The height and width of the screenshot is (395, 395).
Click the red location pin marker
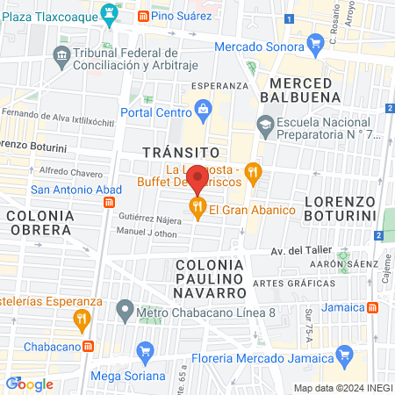pyautogui.click(x=197, y=179)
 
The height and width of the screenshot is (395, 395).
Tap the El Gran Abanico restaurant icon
pyautogui.click(x=197, y=209)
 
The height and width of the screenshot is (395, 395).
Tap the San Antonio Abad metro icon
pyautogui.click(x=108, y=201)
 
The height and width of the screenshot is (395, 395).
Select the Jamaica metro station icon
pyautogui.click(x=374, y=307)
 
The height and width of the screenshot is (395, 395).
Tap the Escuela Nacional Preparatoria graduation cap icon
pyautogui.click(x=265, y=125)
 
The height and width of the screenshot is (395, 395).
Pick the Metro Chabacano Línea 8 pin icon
pyautogui.click(x=126, y=310)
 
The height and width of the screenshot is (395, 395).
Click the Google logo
pyautogui.click(x=30, y=384)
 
